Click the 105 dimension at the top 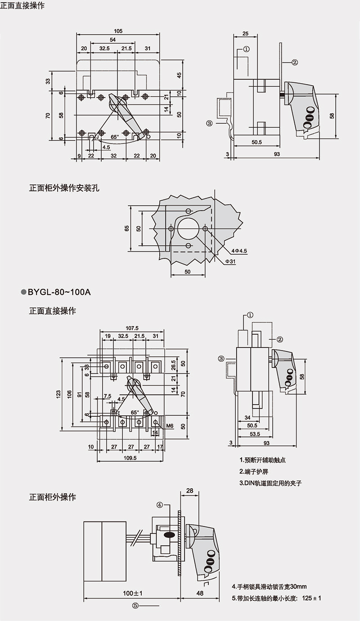click(118, 31)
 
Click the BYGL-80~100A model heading click(59, 292)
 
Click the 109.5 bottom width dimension click(130, 458)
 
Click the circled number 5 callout click(135, 605)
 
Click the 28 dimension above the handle click(189, 490)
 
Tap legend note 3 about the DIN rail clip click(270, 483)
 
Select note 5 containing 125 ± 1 click(276, 598)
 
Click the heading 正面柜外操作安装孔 click(64, 188)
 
